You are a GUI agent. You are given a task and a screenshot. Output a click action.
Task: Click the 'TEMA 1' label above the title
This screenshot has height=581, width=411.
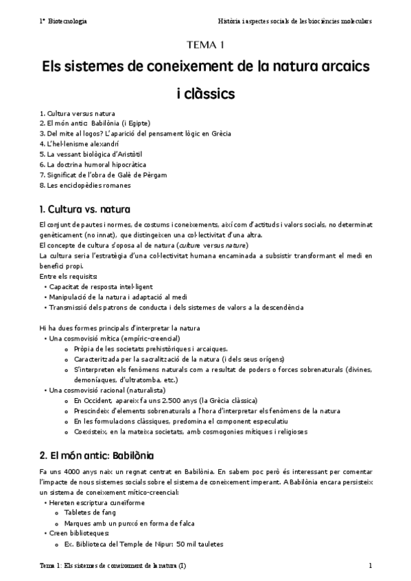(x=205, y=46)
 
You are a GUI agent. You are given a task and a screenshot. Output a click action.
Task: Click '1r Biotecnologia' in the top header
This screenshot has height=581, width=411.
(x=63, y=21)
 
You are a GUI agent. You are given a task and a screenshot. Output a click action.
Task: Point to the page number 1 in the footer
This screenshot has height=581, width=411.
(x=370, y=566)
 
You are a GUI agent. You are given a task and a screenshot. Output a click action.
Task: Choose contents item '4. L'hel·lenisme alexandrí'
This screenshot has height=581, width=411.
(x=79, y=145)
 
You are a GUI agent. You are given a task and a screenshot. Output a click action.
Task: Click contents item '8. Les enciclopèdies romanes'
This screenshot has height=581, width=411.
(x=85, y=185)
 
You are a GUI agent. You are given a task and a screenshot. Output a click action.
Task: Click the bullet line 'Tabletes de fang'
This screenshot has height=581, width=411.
(x=90, y=512)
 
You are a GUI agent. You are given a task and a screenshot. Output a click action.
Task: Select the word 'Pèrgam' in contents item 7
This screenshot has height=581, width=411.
(x=158, y=175)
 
